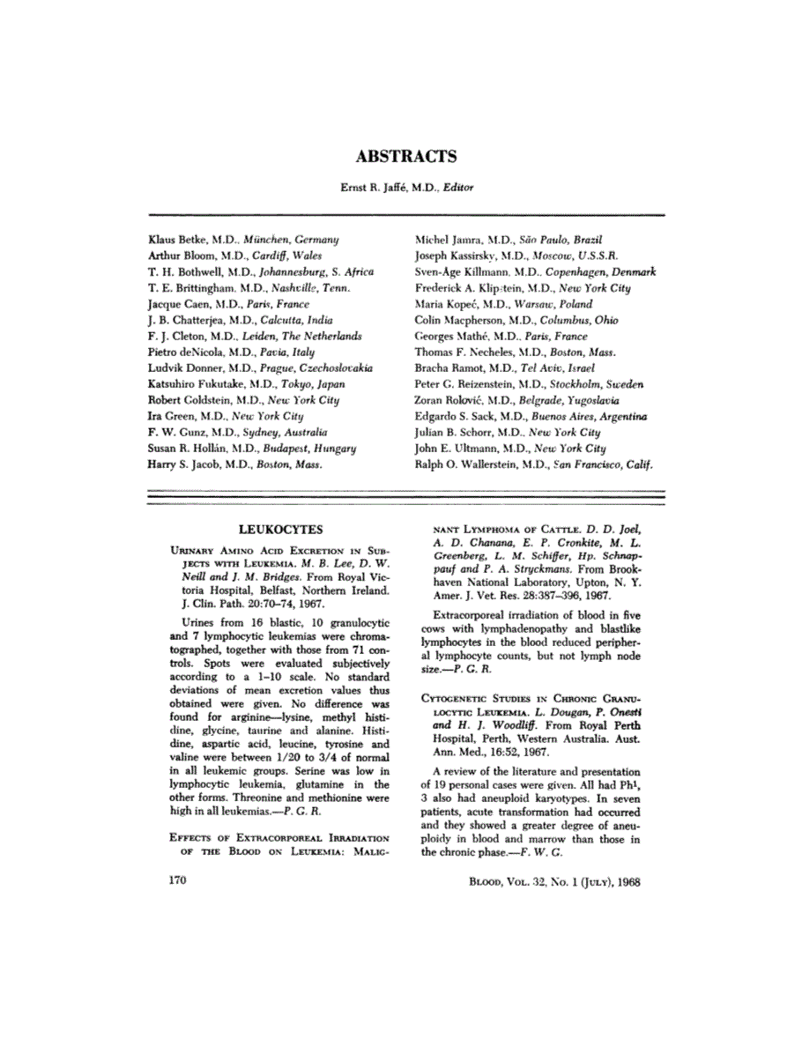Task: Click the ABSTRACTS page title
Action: point(405,158)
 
